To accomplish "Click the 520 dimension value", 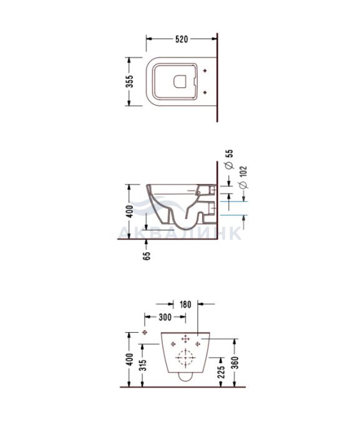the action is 182,39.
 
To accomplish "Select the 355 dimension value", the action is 130,81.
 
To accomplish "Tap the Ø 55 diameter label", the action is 230,159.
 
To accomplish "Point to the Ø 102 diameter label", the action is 243,177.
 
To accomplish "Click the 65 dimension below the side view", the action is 147,256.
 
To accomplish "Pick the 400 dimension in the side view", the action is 130,212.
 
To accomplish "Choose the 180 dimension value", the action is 185,305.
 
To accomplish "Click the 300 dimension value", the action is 165,317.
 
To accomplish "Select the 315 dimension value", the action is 143,365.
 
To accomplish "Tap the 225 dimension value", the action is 221,372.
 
